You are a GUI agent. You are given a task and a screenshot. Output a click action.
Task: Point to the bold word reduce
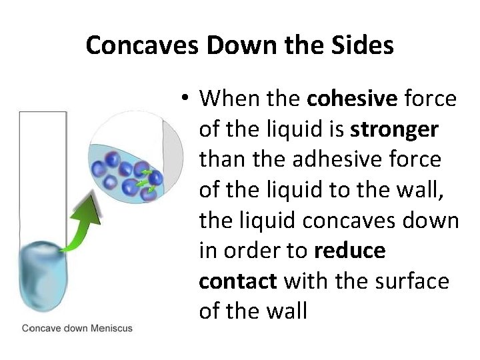(349, 251)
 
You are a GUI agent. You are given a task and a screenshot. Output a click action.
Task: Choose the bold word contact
(238, 281)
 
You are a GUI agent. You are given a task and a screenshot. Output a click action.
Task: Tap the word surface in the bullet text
(418, 281)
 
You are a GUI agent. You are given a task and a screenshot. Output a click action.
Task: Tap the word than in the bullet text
(222, 159)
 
